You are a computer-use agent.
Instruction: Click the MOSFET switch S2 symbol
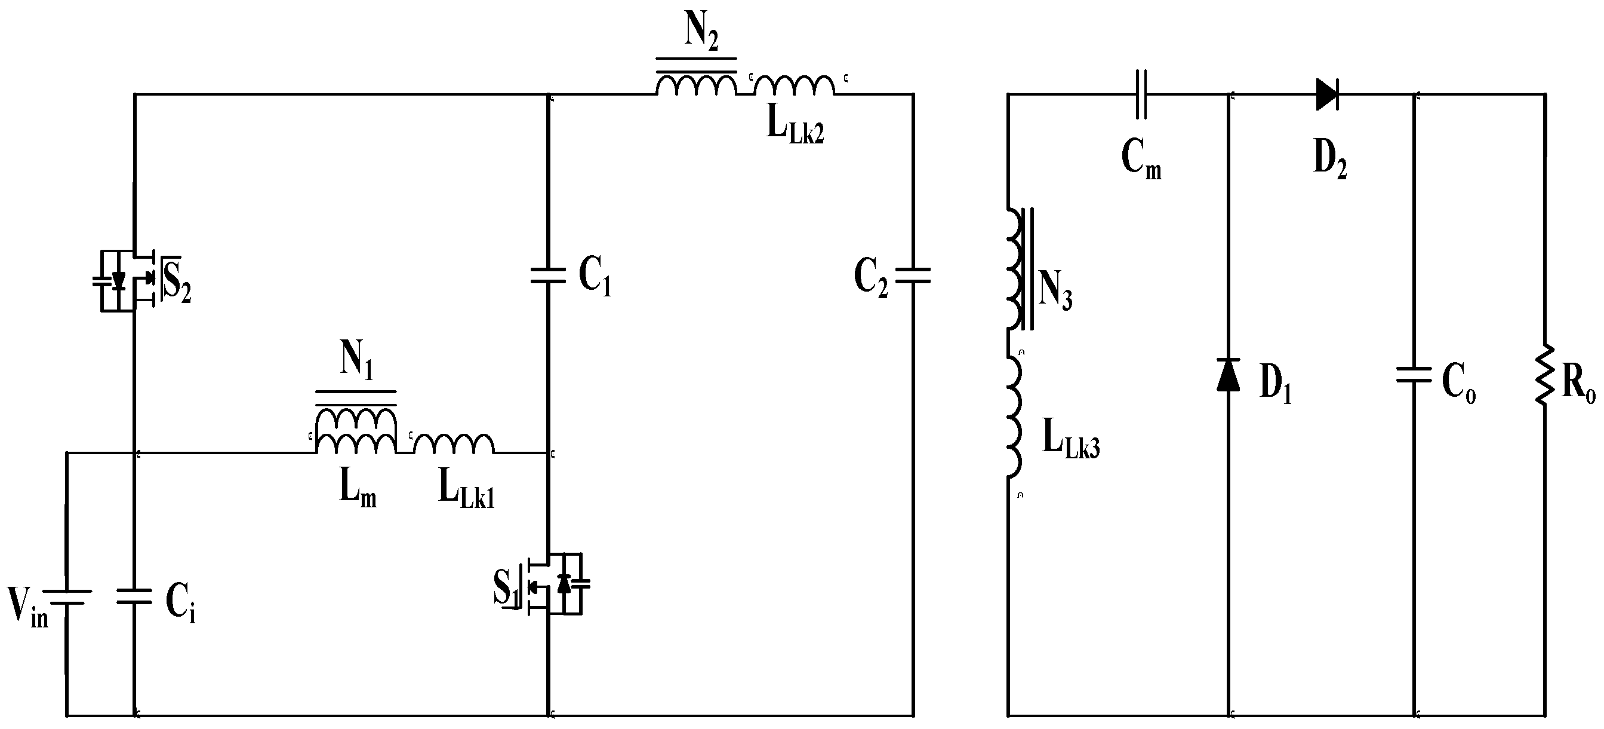click(x=128, y=281)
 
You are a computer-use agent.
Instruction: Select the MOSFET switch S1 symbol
click(x=556, y=584)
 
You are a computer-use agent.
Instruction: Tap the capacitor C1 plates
click(x=548, y=276)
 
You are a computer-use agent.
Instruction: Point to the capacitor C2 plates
click(x=913, y=276)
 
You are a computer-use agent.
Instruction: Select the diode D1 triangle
click(x=1228, y=375)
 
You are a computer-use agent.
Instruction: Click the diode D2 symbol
click(x=1327, y=94)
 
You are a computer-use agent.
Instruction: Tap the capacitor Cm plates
click(x=1141, y=94)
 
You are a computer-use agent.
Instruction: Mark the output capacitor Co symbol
click(x=1414, y=375)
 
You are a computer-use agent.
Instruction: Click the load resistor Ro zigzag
click(x=1545, y=375)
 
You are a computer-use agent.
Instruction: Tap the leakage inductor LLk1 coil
click(x=454, y=443)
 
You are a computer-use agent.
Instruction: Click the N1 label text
click(x=356, y=361)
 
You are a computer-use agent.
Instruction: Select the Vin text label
click(x=27, y=606)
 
